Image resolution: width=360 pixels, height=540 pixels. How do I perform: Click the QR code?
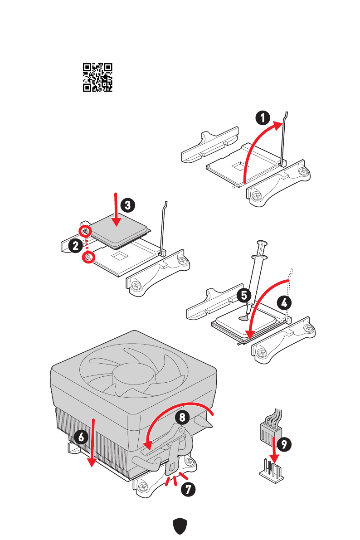97,78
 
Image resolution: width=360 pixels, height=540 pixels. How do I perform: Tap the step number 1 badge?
263,118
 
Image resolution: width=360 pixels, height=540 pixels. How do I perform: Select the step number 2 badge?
76,246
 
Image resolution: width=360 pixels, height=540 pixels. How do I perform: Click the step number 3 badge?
127,205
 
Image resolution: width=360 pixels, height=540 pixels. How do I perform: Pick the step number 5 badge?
244,296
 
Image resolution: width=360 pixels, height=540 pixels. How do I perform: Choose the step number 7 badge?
187,489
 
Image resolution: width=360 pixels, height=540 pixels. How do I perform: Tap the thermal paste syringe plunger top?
262,243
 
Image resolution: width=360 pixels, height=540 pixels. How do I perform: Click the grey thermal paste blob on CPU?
245,317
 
